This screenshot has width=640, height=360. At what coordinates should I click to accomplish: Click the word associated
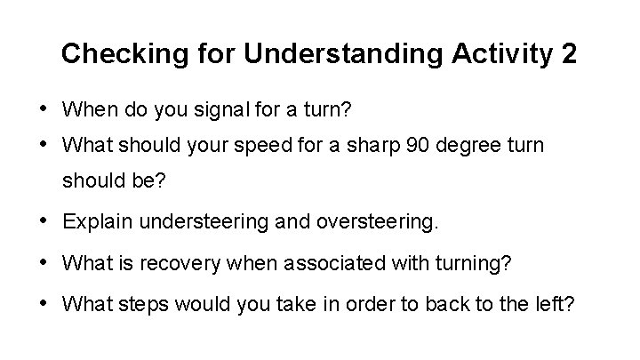[307, 263]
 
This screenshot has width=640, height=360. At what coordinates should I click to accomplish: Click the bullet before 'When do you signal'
[44, 109]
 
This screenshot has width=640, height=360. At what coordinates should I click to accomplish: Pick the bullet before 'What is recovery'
[44, 262]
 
